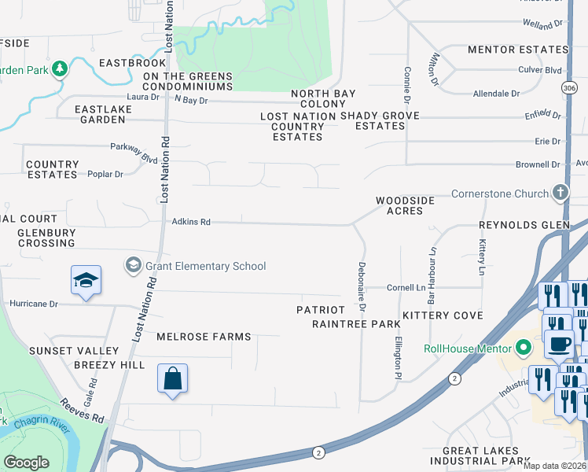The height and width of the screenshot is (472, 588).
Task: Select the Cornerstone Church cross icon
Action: click(x=560, y=193)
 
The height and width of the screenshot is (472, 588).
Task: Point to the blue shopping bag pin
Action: click(x=173, y=380)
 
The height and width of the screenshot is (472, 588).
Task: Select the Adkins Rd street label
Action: click(x=191, y=223)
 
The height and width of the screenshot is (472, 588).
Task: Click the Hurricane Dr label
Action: click(x=33, y=303)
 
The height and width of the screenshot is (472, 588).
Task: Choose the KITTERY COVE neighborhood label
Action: click(x=443, y=315)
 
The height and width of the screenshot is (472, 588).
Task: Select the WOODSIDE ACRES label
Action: click(x=405, y=205)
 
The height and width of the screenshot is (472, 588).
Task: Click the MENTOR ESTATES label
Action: click(x=517, y=50)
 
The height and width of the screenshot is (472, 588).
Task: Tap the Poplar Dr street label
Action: click(x=105, y=174)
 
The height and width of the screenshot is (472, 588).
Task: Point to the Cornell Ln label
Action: click(x=406, y=288)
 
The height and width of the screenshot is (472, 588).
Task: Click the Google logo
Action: click(x=26, y=463)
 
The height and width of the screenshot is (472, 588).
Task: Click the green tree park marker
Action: click(x=59, y=69)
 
